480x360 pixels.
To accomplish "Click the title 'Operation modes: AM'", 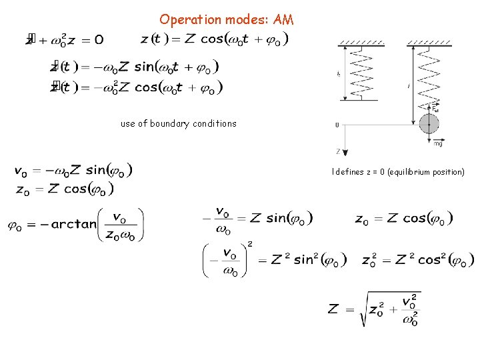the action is [226, 20].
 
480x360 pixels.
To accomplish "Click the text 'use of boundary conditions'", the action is [178, 123].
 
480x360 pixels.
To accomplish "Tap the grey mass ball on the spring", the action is [429, 124].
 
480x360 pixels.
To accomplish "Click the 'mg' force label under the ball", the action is [438, 143].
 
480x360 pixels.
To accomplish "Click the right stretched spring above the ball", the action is [428, 73].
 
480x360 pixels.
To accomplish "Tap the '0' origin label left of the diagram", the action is [337, 125].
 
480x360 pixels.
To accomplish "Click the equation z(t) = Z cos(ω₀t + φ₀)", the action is [215, 39].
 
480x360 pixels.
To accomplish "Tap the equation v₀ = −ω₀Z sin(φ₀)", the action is [73, 171].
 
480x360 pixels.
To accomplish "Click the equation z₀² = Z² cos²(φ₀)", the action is [417, 260].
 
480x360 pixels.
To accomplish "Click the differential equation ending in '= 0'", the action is [65, 39].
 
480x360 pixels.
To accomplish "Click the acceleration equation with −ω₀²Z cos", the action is [137, 88].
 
